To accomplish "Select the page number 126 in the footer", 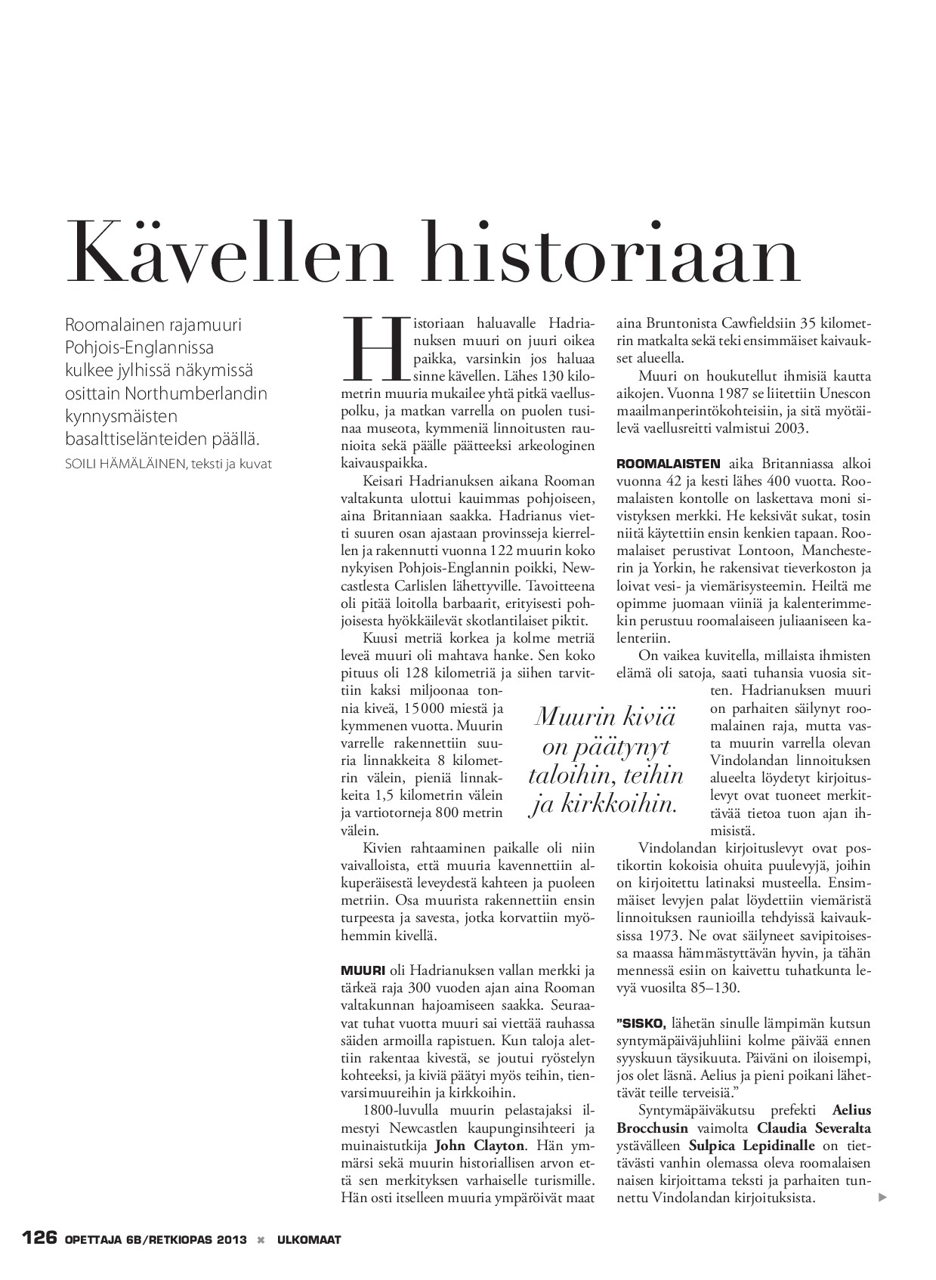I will point(39,1239).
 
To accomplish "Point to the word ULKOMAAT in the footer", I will point(309,1240).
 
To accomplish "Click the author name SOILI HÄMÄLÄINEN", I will point(125,464).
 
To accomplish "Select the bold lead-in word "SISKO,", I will point(641,1023).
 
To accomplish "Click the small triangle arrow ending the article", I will point(881,1198).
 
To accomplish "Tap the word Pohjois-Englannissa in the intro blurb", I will point(140,347).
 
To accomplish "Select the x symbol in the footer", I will point(261,1240).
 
